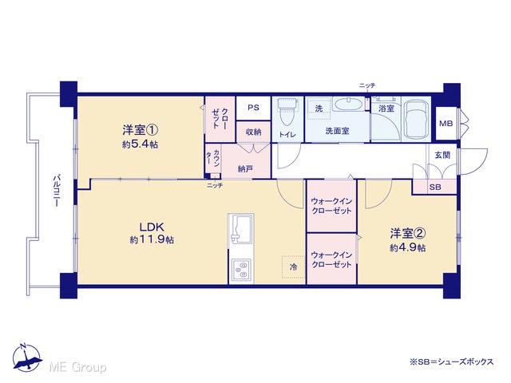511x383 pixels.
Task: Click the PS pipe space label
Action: pos(253,108)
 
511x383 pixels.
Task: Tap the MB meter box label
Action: pos(446,124)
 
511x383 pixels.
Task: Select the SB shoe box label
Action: pos(435,188)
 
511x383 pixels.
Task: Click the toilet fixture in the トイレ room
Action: pos(287,112)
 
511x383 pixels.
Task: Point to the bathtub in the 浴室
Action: pos(416,120)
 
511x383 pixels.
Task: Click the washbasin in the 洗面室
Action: pos(349,105)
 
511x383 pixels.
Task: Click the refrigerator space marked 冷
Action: pos(293,267)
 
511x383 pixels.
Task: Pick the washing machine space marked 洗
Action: pos(319,109)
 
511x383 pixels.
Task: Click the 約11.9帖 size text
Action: pos(152,240)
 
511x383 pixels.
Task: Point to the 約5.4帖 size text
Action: pos(141,144)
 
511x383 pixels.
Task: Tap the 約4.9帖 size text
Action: pos(408,247)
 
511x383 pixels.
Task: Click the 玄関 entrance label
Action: pos(442,155)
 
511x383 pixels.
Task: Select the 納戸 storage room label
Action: pos(245,168)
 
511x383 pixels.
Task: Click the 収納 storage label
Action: pos(253,132)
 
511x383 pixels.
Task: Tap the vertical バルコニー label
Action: pos(57,191)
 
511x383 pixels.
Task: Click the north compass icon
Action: pos(26,357)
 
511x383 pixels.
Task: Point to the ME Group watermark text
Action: pos(77,367)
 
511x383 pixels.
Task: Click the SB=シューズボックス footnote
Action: pos(452,361)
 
